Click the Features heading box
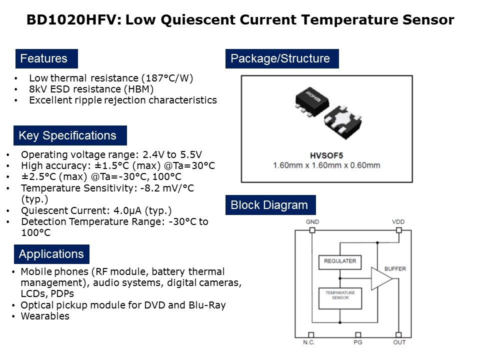pos(46,58)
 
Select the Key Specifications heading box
pos(70,135)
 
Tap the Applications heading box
pos(51,254)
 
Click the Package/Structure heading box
pos(282,58)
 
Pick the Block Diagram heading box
pos(270,205)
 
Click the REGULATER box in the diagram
pos(340,262)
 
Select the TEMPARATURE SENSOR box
pos(340,298)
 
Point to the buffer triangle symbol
pos(381,278)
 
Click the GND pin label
pos(312,222)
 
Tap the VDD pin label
pos(398,222)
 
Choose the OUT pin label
pos(399,342)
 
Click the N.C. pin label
pos(309,342)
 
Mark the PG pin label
pos(358,342)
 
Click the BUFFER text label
pos(395,269)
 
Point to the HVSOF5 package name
pos(326,155)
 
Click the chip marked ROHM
pos(311,101)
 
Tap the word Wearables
pos(45,316)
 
